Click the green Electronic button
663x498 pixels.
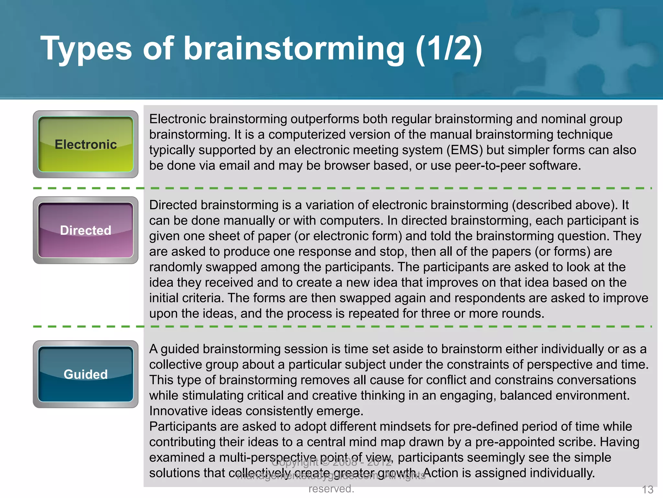(85, 144)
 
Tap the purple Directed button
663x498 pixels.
(85, 230)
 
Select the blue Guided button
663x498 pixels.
(85, 374)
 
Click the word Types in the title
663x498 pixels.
(86, 49)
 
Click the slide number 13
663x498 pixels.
(647, 489)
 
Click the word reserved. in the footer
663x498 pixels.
(331, 489)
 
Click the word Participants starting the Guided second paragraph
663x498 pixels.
(183, 427)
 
